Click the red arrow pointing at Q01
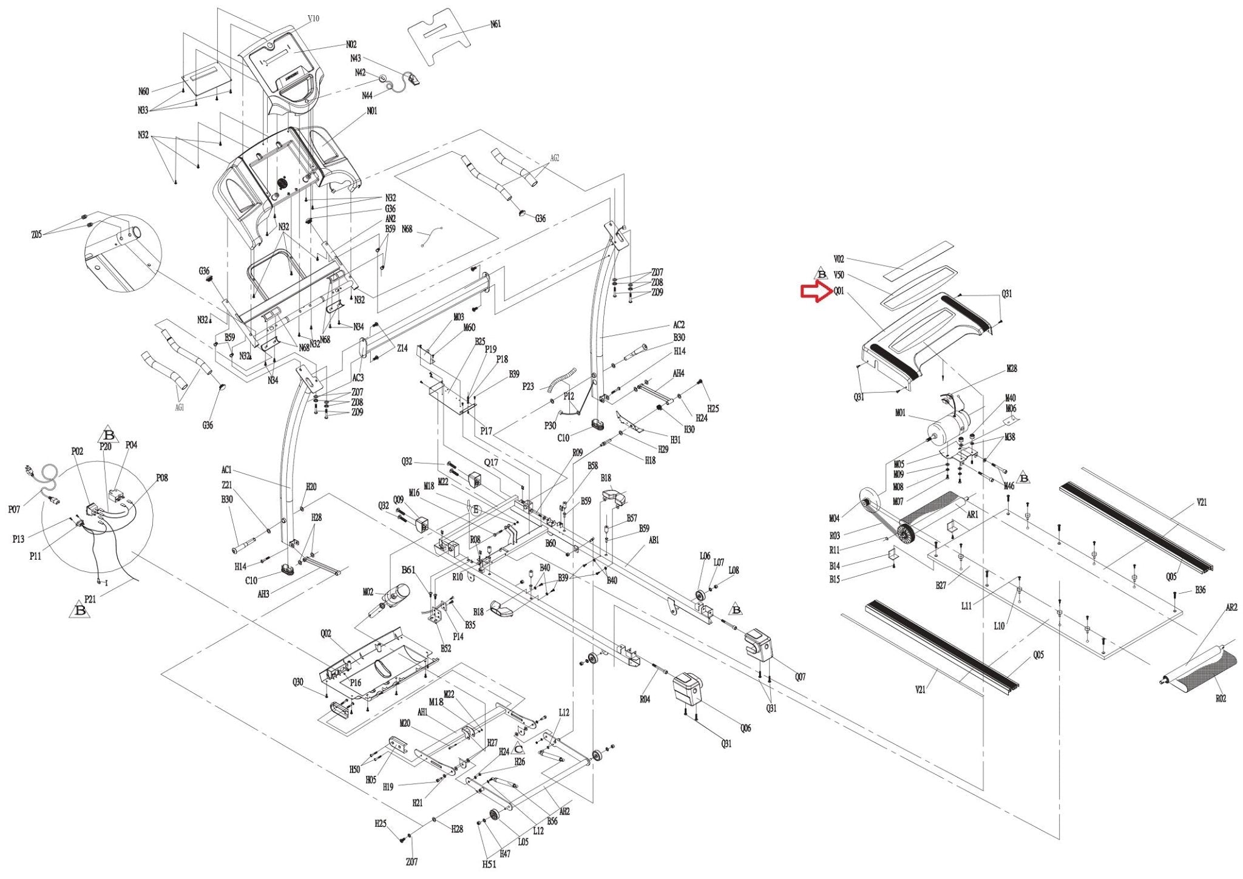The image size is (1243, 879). [x=815, y=292]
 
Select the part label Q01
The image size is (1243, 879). [x=839, y=291]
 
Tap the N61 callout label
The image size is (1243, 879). [x=496, y=25]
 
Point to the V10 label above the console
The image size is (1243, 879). [x=313, y=19]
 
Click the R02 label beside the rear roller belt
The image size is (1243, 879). [x=1221, y=699]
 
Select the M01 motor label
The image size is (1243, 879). [x=900, y=413]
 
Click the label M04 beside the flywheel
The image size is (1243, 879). [x=834, y=518]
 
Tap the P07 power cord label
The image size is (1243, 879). [x=14, y=510]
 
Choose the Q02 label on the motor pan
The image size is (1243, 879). [x=326, y=634]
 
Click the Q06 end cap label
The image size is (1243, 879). [x=745, y=728]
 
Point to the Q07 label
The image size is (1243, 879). [x=800, y=677]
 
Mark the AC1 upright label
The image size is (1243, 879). [x=226, y=470]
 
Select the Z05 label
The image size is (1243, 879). [x=37, y=235]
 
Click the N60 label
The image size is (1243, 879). [x=143, y=92]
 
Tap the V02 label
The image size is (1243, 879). [x=839, y=259]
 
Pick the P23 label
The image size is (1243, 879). [x=528, y=386]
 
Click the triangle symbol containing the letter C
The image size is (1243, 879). [x=518, y=750]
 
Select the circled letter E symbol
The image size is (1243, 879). [x=476, y=510]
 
